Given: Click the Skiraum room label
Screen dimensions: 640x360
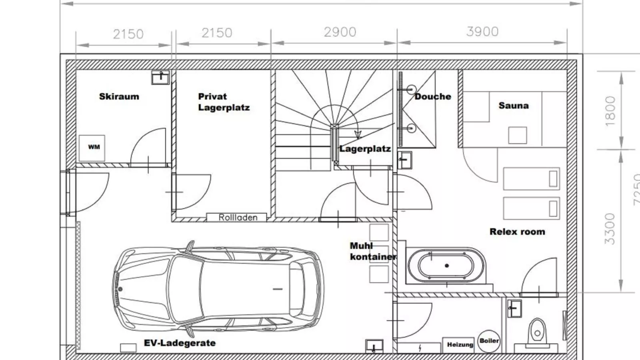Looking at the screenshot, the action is pyautogui.click(x=119, y=96).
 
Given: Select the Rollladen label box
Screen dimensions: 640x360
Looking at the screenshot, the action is pyautogui.click(x=236, y=218).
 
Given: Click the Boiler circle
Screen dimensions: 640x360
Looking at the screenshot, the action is pyautogui.click(x=489, y=341).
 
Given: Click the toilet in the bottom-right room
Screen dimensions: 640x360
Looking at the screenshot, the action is pyautogui.click(x=537, y=332).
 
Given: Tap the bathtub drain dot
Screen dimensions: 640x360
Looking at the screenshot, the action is pyautogui.click(x=447, y=266).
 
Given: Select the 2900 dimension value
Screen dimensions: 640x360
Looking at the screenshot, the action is pyautogui.click(x=340, y=32).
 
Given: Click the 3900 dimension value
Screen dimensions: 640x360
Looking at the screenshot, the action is pyautogui.click(x=482, y=32).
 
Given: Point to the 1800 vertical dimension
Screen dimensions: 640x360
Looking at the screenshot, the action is pyautogui.click(x=610, y=111).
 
